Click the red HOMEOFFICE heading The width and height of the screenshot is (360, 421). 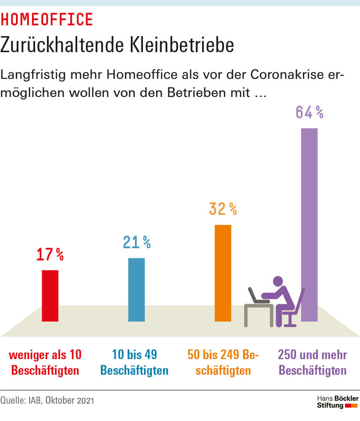pyautogui.click(x=47, y=19)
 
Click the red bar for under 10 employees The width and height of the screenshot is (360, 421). pyautogui.click(x=50, y=296)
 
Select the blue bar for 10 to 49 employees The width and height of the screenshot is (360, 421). pyautogui.click(x=136, y=289)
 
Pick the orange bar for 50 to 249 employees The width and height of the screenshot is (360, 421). pyautogui.click(x=223, y=273)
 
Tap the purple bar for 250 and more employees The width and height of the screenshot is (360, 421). pyautogui.click(x=309, y=225)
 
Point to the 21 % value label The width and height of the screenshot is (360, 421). pyautogui.click(x=136, y=242)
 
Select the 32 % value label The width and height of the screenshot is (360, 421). pyautogui.click(x=223, y=209)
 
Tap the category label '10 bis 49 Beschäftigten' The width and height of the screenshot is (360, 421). pyautogui.click(x=135, y=362)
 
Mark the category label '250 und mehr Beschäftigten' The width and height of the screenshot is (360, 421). pyautogui.click(x=312, y=362)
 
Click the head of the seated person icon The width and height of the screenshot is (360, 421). pyautogui.click(x=278, y=282)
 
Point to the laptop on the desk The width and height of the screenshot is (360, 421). pyautogui.click(x=256, y=296)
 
